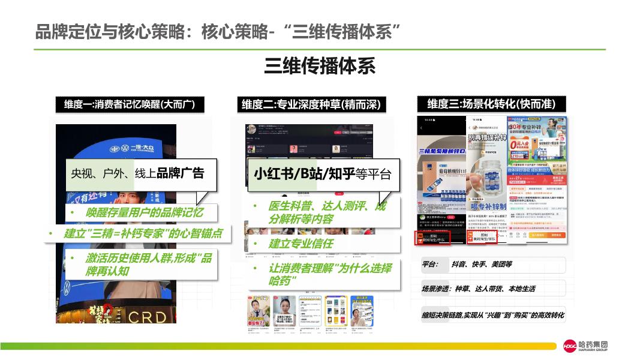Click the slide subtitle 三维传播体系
pos(320,66)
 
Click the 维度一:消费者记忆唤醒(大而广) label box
pos(130,104)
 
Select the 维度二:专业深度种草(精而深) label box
pos(311,104)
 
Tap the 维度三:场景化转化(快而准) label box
pos(491,104)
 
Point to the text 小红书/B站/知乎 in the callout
pos(304,174)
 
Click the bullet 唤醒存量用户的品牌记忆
pos(144,212)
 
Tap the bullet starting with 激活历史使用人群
pos(147,264)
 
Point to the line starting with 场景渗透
pos(478,289)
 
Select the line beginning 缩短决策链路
pos(492,315)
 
